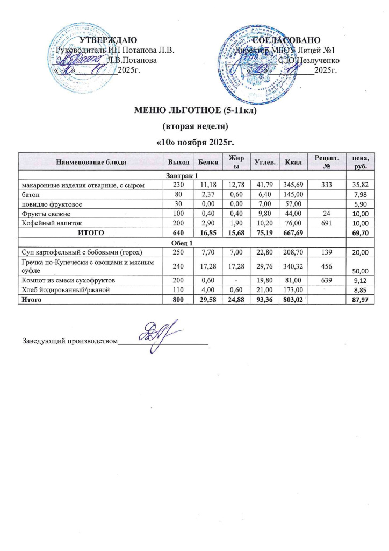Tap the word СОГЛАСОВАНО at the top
coord(287,40)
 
